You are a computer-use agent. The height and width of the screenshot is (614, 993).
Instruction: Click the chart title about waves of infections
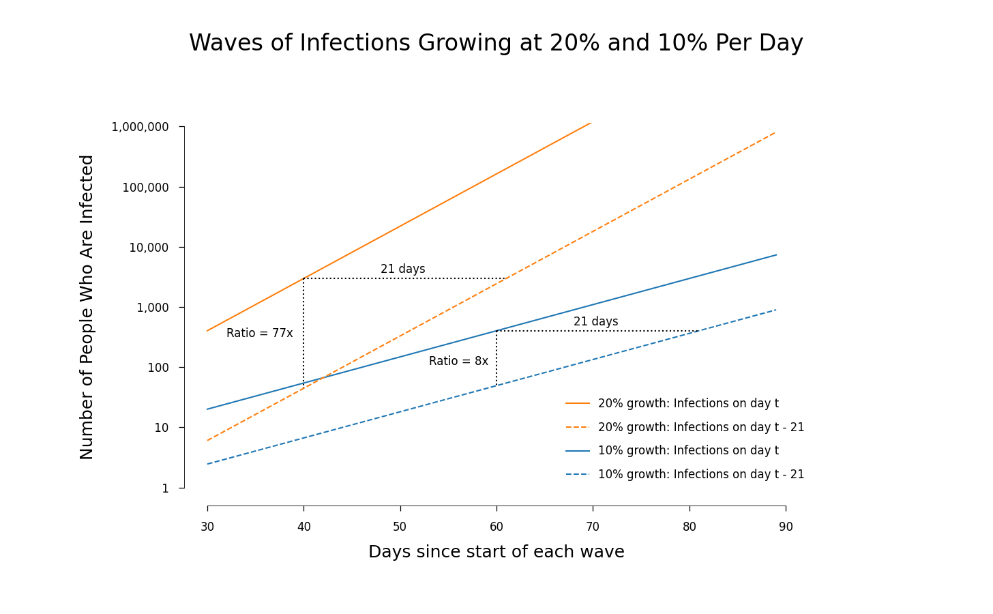496,43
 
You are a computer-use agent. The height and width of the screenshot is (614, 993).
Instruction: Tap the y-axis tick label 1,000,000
140,127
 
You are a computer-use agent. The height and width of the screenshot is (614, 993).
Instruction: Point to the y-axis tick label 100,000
145,187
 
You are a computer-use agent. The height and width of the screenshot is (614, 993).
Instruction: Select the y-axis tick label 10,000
149,248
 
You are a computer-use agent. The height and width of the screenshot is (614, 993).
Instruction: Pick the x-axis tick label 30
207,527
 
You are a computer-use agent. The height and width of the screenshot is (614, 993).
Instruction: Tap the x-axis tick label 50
400,527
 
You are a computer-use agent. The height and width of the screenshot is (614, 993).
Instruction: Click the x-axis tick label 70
593,527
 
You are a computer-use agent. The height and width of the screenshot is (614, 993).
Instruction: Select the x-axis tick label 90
786,527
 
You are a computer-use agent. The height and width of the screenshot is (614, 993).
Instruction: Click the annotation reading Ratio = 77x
259,334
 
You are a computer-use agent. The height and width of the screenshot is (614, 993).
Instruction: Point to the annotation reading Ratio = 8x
458,362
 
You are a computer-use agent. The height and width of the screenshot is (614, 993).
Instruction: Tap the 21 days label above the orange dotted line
402,269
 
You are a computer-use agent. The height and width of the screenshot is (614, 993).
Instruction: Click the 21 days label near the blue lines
595,322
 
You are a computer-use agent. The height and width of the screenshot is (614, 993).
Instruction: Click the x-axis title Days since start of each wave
496,552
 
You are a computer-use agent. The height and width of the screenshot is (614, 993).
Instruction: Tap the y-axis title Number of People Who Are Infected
87,307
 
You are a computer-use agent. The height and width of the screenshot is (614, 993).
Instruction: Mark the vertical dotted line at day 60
496,358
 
